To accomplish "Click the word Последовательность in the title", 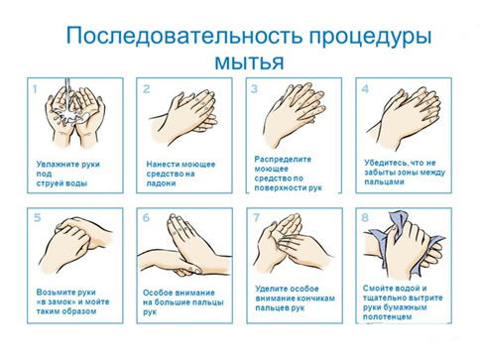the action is pos(184,36).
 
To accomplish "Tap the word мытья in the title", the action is pos(250,61).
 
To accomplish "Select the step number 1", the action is pos(35,89).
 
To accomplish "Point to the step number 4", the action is pos(365,89).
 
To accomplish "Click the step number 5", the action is pos(38,218).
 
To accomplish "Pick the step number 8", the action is pos(365,218).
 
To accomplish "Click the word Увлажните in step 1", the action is pos(53,165).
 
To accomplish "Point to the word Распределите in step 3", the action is pos(283,160).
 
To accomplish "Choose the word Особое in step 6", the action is pos(158,293).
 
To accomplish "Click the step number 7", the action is pos(256,218).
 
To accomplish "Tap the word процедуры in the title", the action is pos(370,37).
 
